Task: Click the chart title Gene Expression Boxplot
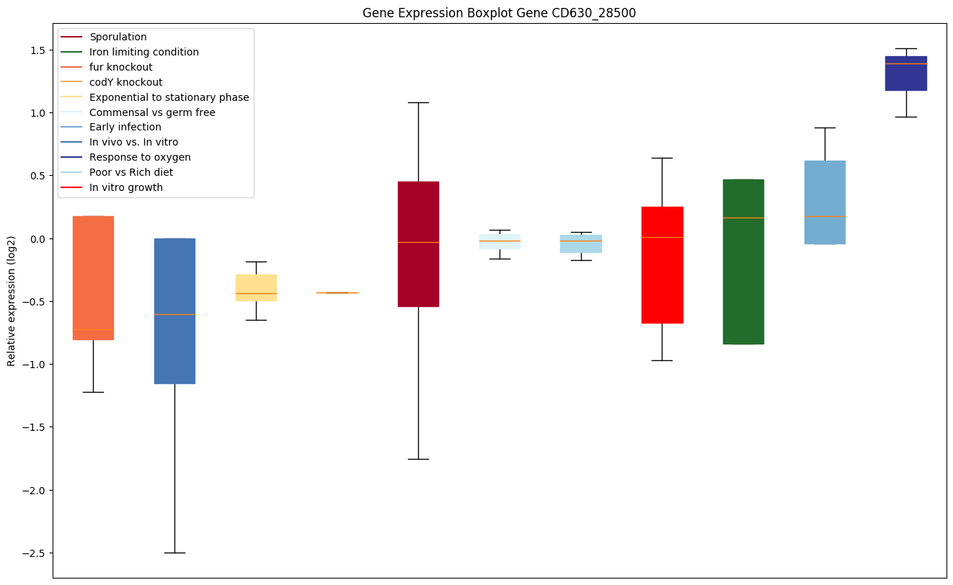point(499,13)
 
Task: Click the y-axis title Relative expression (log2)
point(12,300)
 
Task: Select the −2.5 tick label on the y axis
point(32,553)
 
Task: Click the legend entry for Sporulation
point(118,37)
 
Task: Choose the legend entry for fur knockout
point(120,67)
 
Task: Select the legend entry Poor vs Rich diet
point(131,172)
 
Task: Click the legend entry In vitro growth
point(126,187)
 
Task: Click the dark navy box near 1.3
point(905,73)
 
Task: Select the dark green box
point(743,262)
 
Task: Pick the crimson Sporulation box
point(418,244)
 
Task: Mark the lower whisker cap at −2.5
point(174,553)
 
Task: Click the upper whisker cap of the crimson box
point(418,102)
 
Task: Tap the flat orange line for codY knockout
point(337,292)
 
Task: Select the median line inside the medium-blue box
point(174,314)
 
